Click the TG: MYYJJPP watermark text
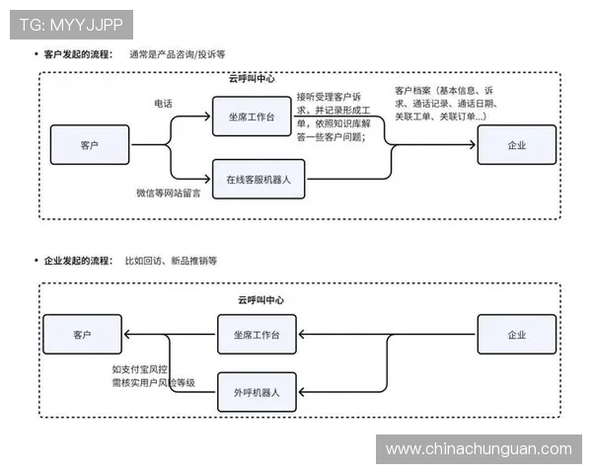(71, 23)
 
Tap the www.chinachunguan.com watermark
(478, 449)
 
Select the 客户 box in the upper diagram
(90, 145)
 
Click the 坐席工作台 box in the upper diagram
(252, 117)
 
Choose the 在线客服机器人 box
(264, 180)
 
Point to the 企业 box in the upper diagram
(516, 145)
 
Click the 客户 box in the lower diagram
(82, 335)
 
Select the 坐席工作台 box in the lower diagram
(257, 335)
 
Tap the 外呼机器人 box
(257, 391)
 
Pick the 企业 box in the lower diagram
(516, 335)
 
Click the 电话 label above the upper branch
(163, 103)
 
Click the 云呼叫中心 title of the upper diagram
(251, 78)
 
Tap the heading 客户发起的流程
(78, 53)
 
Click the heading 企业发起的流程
(78, 261)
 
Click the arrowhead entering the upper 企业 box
(473, 145)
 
